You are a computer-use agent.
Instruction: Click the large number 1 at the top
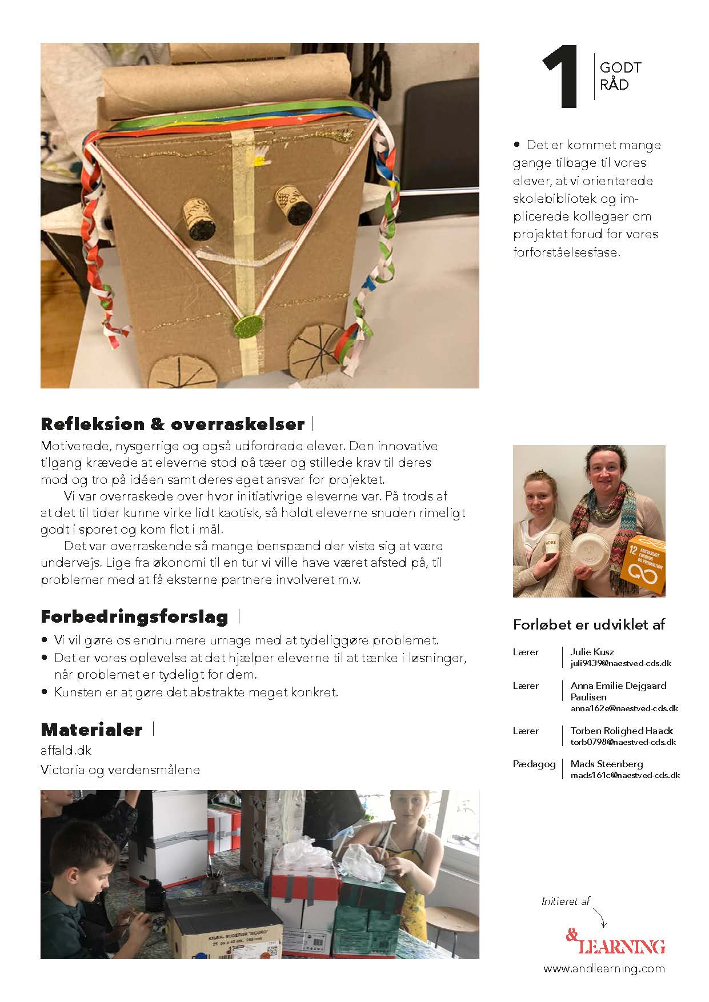562,78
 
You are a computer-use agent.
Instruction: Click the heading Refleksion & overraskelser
173,424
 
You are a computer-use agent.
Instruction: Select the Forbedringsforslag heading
135,617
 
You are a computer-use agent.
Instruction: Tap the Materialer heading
91,730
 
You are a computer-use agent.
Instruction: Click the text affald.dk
66,750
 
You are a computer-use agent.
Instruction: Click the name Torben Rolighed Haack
622,731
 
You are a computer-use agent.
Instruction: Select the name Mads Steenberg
607,764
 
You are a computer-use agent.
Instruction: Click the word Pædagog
534,764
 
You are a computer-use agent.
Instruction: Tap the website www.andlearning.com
604,968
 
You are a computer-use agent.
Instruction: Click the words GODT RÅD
620,76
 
